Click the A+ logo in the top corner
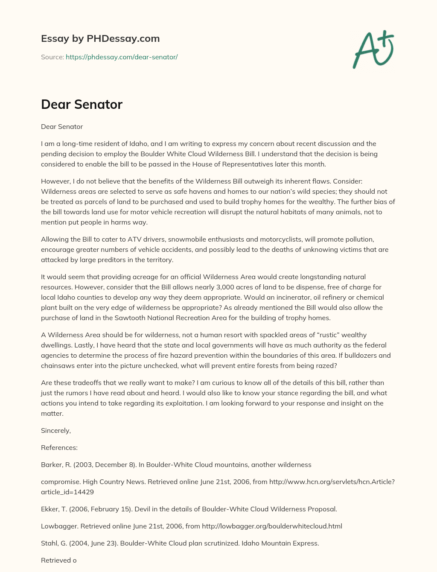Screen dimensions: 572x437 pyautogui.click(x=373, y=50)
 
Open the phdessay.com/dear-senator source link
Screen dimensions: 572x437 pyautogui.click(x=122, y=57)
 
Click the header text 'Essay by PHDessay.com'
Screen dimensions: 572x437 pyautogui.click(x=100, y=38)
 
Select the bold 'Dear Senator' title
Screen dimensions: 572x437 pyautogui.click(x=82, y=104)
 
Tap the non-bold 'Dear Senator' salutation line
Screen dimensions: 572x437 pyautogui.click(x=62, y=126)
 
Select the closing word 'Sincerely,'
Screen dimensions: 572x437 pyautogui.click(x=56, y=430)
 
